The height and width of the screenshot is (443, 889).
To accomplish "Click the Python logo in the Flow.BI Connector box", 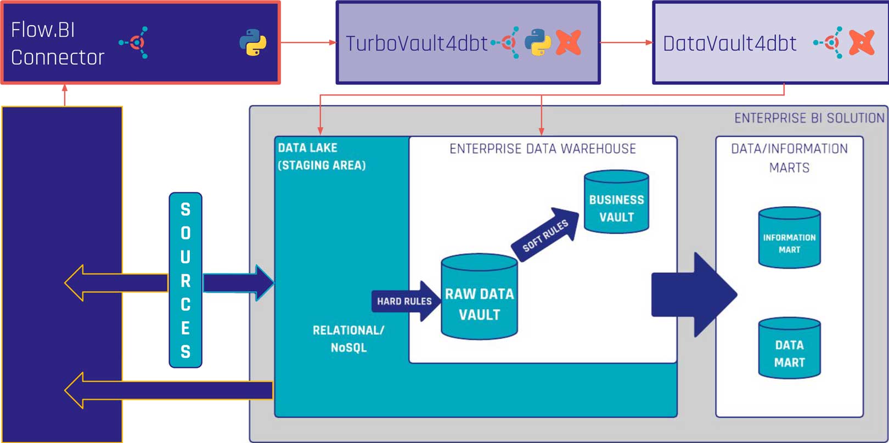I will (x=253, y=42).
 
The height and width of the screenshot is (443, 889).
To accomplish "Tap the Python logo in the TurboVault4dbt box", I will (x=538, y=42).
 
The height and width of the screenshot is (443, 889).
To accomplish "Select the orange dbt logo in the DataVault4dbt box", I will (x=862, y=42).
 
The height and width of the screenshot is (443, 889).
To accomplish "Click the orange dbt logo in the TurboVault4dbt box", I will (x=569, y=42).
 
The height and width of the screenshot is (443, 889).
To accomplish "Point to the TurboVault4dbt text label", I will (x=417, y=43).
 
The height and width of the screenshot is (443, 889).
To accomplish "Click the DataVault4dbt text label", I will (x=729, y=43).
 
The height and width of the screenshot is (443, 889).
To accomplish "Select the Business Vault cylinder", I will (x=616, y=202).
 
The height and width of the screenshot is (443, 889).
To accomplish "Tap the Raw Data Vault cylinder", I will (x=479, y=297).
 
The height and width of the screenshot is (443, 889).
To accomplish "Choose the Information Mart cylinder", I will (x=789, y=237).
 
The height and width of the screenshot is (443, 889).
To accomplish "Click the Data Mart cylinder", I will (x=789, y=348).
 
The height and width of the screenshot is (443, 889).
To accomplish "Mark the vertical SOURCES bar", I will (x=185, y=280).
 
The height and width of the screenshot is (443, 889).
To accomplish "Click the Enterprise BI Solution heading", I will (x=809, y=118).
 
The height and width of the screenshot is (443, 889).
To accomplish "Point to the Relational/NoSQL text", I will (x=348, y=338).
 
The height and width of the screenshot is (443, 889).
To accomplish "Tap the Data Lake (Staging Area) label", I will (x=321, y=156).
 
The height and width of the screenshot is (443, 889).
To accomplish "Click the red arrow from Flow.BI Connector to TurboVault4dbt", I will (x=307, y=42).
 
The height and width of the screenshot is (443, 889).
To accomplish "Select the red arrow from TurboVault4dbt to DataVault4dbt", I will (x=626, y=42).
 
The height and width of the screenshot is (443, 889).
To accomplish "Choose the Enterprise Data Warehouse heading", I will (x=542, y=149).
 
